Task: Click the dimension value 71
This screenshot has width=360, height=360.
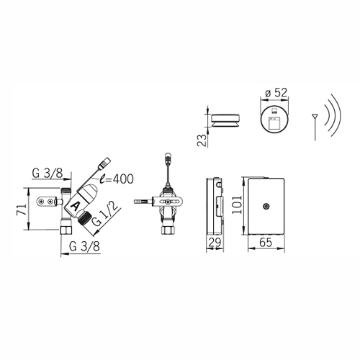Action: pos(21,209)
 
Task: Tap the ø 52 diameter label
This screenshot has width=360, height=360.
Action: pos(275,92)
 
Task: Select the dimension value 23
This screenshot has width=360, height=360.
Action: pos(202,140)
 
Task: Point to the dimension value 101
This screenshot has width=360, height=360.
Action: pos(238,204)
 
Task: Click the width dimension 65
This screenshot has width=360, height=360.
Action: pos(266,243)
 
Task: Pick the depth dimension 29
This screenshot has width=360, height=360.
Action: pos(215,243)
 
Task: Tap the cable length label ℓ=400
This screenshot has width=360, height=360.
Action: pos(117,179)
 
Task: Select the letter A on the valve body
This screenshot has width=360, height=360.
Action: pos(76,206)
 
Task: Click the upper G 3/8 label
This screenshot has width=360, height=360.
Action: pos(48,173)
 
